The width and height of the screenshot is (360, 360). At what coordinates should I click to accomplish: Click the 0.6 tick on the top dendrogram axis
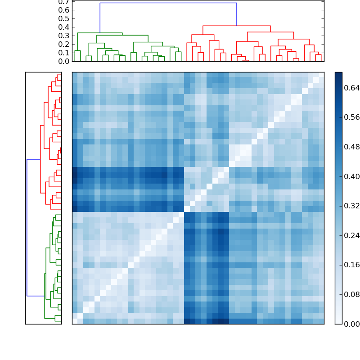click(63, 10)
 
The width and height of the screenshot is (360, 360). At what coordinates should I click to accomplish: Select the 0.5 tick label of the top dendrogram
click(63, 19)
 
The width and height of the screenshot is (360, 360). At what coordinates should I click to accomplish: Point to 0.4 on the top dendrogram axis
click(63, 27)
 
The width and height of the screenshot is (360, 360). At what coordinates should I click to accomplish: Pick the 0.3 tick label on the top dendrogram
click(63, 36)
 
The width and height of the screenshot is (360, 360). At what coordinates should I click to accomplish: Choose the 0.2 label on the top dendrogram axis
click(63, 44)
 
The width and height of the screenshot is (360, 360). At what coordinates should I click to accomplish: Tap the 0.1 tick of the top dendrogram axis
click(63, 53)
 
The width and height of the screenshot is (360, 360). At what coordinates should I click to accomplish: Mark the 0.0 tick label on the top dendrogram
click(63, 61)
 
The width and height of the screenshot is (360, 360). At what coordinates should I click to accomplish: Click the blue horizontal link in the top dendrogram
click(168, 3)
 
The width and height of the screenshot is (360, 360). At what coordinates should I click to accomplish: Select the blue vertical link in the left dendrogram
click(27, 227)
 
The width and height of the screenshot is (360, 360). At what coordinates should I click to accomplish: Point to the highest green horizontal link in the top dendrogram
click(100, 33)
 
